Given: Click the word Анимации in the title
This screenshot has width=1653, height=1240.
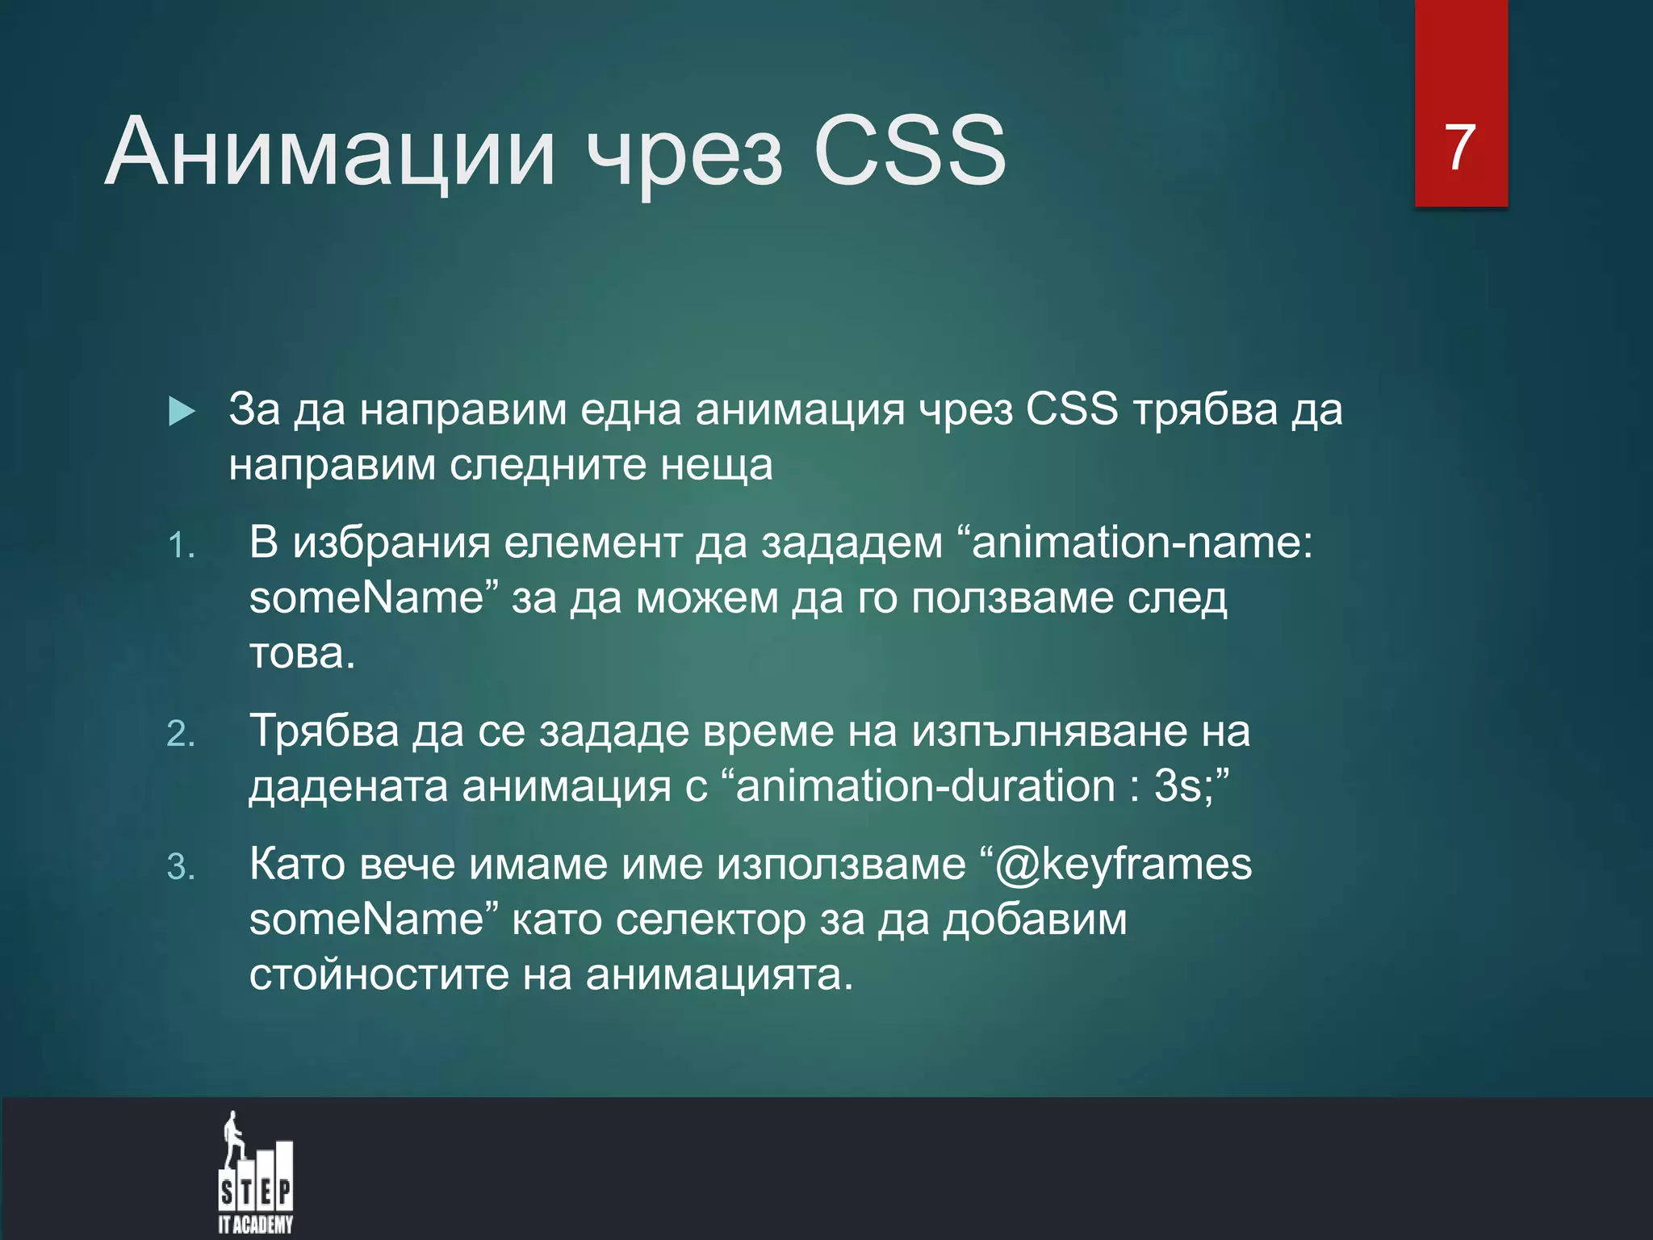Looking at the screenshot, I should coord(331,152).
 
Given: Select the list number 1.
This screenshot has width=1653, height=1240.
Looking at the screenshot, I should coord(181,547).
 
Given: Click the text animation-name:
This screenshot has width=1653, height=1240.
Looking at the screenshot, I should coord(1142,542).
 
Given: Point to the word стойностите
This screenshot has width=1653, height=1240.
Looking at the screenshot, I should coord(379,974).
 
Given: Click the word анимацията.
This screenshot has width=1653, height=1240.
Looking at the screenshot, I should coord(718,975).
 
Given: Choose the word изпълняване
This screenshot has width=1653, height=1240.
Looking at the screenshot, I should coord(1050,731).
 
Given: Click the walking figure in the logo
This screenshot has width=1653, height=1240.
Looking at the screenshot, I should coord(234,1138).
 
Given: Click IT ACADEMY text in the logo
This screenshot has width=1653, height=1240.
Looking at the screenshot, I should coord(255,1225).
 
